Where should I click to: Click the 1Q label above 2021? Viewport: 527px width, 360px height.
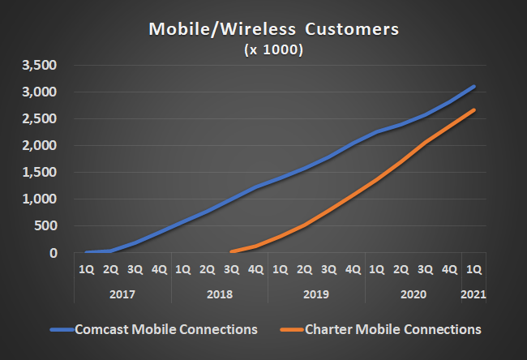coord(474,268)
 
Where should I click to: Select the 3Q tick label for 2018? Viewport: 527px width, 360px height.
coord(231,268)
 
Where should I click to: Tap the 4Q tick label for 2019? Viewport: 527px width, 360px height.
coord(353,268)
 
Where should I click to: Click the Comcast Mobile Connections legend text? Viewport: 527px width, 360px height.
coord(166,329)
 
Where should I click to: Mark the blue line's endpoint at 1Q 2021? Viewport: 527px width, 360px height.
coord(474,87)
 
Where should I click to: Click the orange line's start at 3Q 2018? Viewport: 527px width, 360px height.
coord(232,251)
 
